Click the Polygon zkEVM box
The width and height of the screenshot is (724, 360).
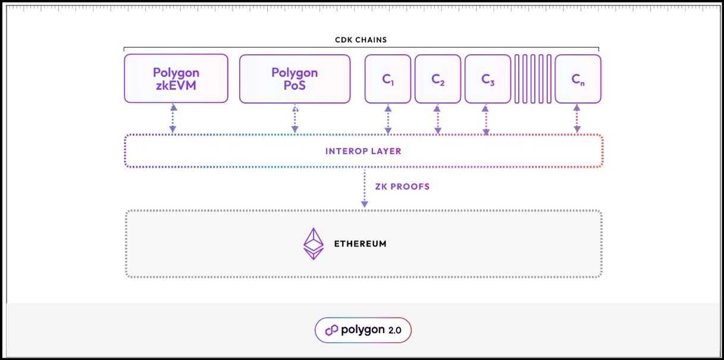(176, 78)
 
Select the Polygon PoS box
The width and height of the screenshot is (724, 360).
(294, 78)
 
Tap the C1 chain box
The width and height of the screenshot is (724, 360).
(388, 78)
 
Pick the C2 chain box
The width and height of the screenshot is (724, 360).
(438, 78)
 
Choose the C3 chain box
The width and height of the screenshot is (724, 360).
(488, 78)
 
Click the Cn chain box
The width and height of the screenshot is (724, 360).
(578, 78)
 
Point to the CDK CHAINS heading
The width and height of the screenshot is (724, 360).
(361, 40)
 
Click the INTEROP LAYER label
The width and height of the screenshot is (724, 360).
(363, 151)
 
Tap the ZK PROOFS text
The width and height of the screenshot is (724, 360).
(402, 186)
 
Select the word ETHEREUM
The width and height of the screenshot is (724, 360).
(360, 243)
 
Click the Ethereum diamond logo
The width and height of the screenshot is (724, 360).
(314, 243)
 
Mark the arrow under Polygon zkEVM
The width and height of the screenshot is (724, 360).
(173, 118)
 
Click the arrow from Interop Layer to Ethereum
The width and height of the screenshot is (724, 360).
(365, 187)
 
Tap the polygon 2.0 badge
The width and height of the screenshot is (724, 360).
(363, 330)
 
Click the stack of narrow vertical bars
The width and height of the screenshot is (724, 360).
(532, 78)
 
